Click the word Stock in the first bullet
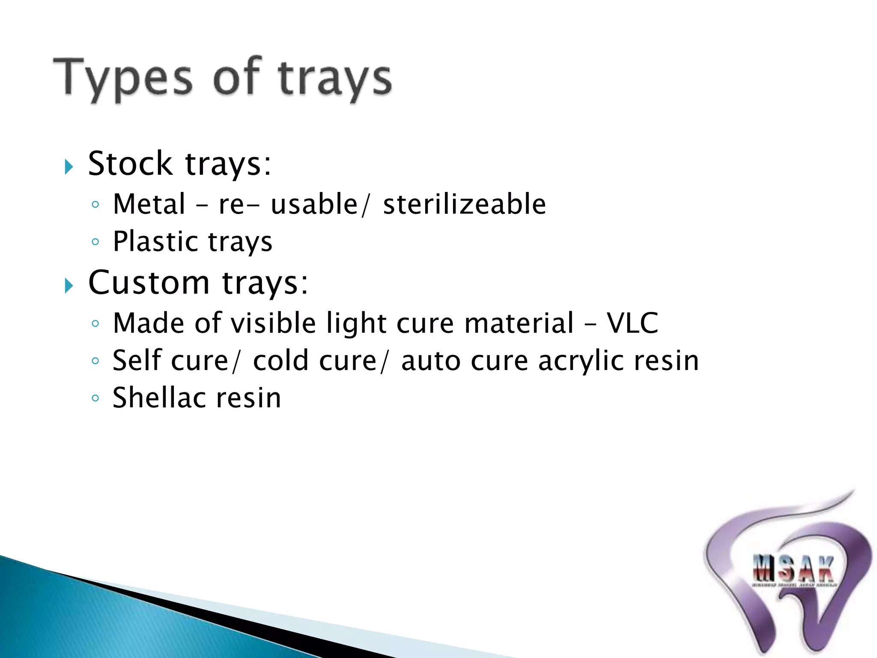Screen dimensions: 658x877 (x=130, y=164)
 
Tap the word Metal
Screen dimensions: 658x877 (x=149, y=204)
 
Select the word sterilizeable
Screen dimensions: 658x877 (x=464, y=204)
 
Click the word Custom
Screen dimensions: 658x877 (x=149, y=283)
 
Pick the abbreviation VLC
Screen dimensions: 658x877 (x=632, y=323)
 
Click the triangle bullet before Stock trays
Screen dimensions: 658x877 (x=69, y=166)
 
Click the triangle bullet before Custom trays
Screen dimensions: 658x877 (x=69, y=285)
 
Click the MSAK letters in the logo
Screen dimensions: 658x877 (x=793, y=569)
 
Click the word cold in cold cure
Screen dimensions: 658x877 (x=280, y=360)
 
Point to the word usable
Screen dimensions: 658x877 (x=314, y=204)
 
